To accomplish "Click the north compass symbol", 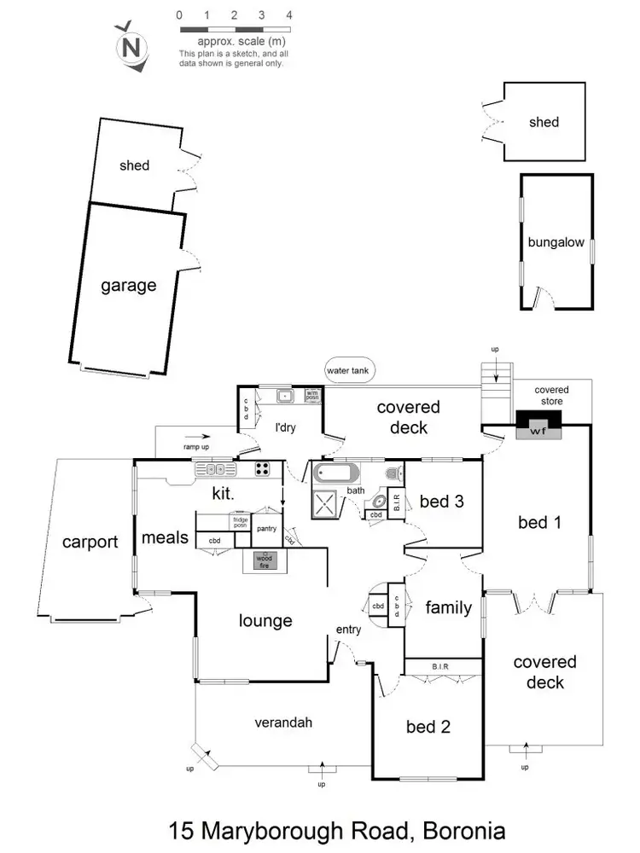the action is click(x=130, y=44).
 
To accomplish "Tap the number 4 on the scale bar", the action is click(x=290, y=15).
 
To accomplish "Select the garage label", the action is click(x=129, y=285).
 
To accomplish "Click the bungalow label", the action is click(x=556, y=242).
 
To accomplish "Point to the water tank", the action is click(x=345, y=371).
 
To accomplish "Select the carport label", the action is click(x=90, y=541).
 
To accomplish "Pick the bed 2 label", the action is click(x=428, y=727).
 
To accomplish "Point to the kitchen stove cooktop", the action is click(x=263, y=467).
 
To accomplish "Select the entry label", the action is click(x=348, y=630).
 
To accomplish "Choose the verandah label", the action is click(x=284, y=722).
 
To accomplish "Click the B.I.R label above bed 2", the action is click(x=440, y=666).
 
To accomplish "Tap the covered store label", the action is click(x=551, y=395).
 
